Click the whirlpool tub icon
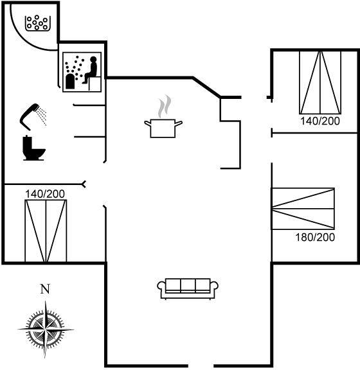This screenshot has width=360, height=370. tap(38, 23)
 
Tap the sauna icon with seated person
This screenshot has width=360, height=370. tap(82, 72)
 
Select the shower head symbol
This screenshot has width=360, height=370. tap(33, 116)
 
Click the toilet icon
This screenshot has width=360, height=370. tap(33, 148)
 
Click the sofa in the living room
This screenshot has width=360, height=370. tap(188, 289)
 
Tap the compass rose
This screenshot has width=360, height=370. tap(46, 329)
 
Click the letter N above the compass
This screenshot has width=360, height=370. tap(45, 289)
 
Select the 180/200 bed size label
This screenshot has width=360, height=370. tap(315, 237)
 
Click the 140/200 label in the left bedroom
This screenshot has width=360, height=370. tap(45, 194)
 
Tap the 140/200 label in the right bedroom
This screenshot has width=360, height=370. tap(320, 121)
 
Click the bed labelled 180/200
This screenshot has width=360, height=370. tap(303, 209)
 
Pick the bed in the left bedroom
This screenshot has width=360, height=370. tap(46, 231)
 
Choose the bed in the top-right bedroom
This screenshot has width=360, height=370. tap(320, 82)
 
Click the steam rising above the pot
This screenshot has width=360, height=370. tap(165, 106)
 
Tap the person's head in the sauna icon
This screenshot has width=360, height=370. tap(93, 60)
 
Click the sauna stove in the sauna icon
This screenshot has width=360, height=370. tap(70, 82)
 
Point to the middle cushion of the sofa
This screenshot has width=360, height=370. tap(188, 285)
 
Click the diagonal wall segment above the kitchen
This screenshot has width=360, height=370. tap(206, 87)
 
